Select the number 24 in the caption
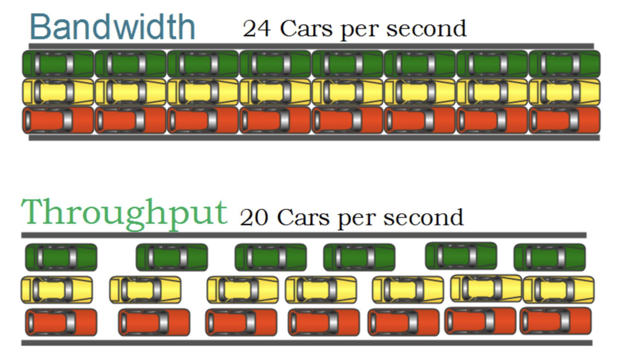[x=257, y=28]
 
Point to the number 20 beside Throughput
[x=254, y=217]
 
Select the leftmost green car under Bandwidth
[x=58, y=64]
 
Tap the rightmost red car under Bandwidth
[x=564, y=120]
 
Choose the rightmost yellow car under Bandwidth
[x=564, y=92]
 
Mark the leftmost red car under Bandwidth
[x=58, y=120]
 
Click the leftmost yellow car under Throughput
[x=56, y=289]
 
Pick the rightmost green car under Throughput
[x=549, y=257]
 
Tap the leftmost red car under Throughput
[x=61, y=322]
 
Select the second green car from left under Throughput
[x=172, y=257]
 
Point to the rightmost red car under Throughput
[x=555, y=320]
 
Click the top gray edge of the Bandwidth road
[x=311, y=46]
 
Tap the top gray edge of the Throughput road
[x=304, y=235]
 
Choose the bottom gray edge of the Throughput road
[x=306, y=343]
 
